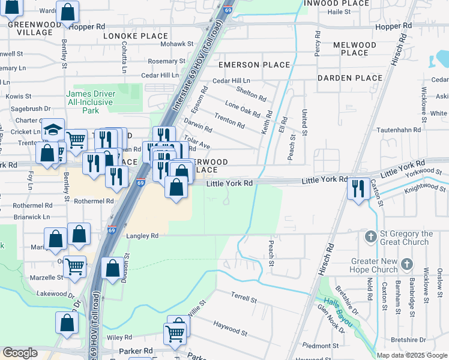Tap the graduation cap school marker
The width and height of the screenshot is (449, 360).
tap(53, 130)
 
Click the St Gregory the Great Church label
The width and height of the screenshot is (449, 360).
tap(406, 238)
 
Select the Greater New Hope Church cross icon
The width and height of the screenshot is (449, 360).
tap(407, 263)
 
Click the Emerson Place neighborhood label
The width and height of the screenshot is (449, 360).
tap(254, 65)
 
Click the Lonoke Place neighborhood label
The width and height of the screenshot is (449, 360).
tap(136, 36)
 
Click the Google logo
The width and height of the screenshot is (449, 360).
tap(20, 353)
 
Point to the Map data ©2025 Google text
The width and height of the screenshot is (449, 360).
tap(411, 355)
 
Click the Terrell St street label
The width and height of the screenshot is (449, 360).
tap(244, 296)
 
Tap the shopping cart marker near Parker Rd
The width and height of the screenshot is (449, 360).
tap(175, 332)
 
